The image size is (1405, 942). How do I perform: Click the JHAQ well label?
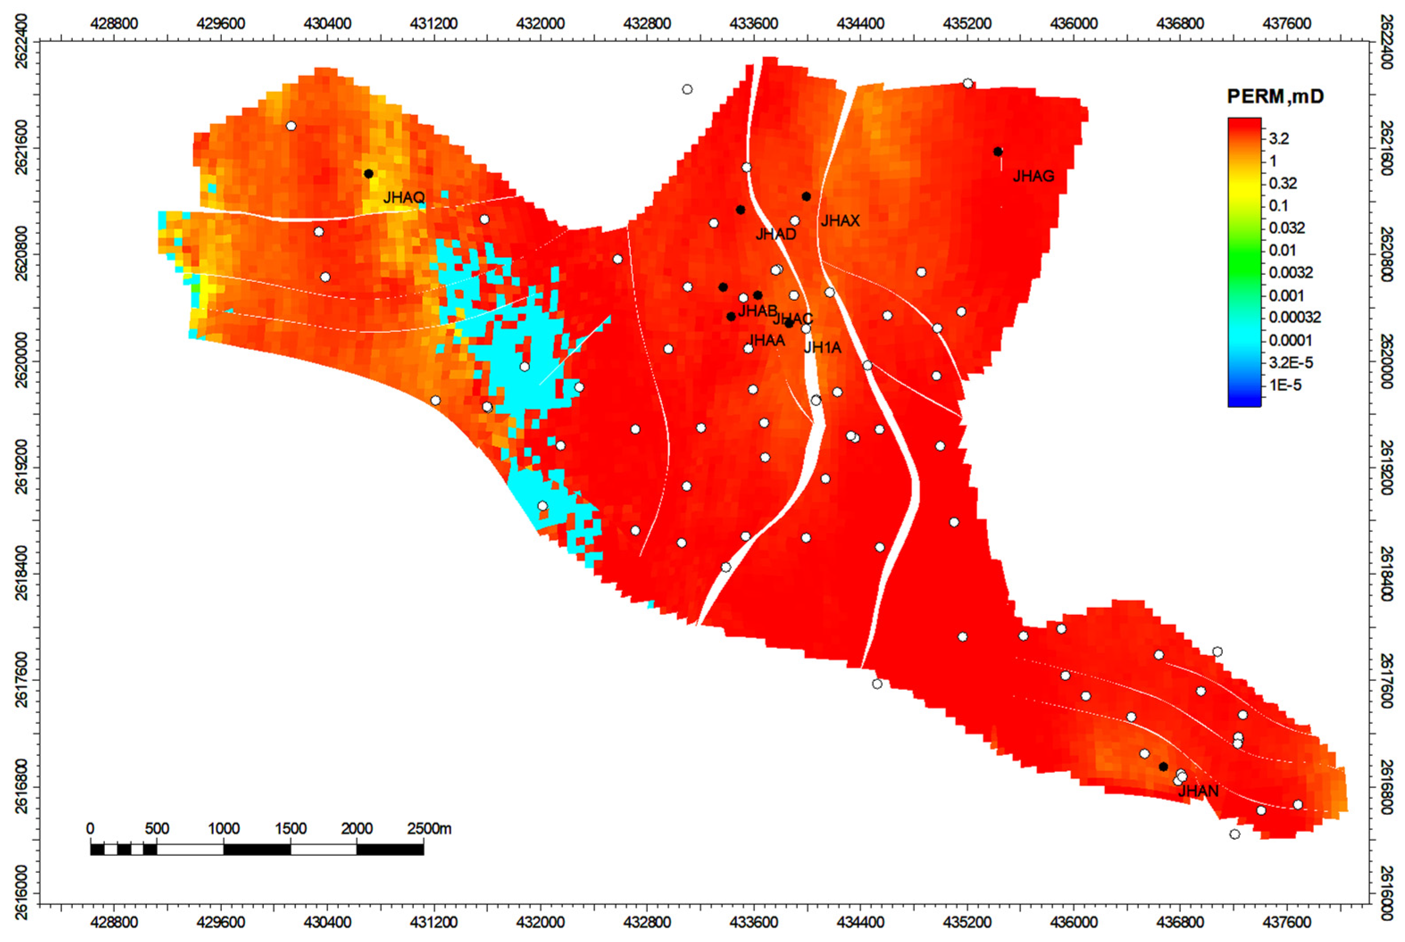403,197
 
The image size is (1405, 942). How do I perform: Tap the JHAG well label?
1033,176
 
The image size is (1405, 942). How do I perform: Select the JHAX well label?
840,221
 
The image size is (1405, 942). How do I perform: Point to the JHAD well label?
776,234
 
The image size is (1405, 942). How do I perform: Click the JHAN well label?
1198,791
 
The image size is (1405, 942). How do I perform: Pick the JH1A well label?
823,347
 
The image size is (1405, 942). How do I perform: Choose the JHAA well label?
766,340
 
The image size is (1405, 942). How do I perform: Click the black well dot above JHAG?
998,151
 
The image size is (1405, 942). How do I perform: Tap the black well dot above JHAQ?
368,174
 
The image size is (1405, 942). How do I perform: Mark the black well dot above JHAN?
1163,767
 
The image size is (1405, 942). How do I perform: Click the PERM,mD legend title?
1275,96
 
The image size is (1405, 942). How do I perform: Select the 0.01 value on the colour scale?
1282,250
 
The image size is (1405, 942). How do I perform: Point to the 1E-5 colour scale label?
1285,385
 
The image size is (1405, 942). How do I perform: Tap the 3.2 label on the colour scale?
1279,139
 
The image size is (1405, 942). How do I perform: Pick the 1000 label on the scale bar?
224,829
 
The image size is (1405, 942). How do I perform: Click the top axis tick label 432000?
540,24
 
